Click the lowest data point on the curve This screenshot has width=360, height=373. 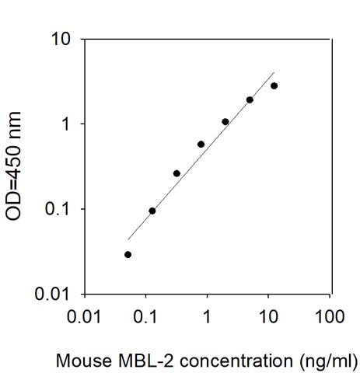[x=128, y=254]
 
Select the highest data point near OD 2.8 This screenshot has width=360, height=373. [x=274, y=85]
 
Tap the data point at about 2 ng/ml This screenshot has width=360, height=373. [x=225, y=121]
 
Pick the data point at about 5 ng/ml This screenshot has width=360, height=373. [x=250, y=99]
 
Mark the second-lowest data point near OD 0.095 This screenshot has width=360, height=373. [x=152, y=211]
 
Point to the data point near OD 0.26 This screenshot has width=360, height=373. [x=177, y=173]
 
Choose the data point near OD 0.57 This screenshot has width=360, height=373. [x=201, y=144]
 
